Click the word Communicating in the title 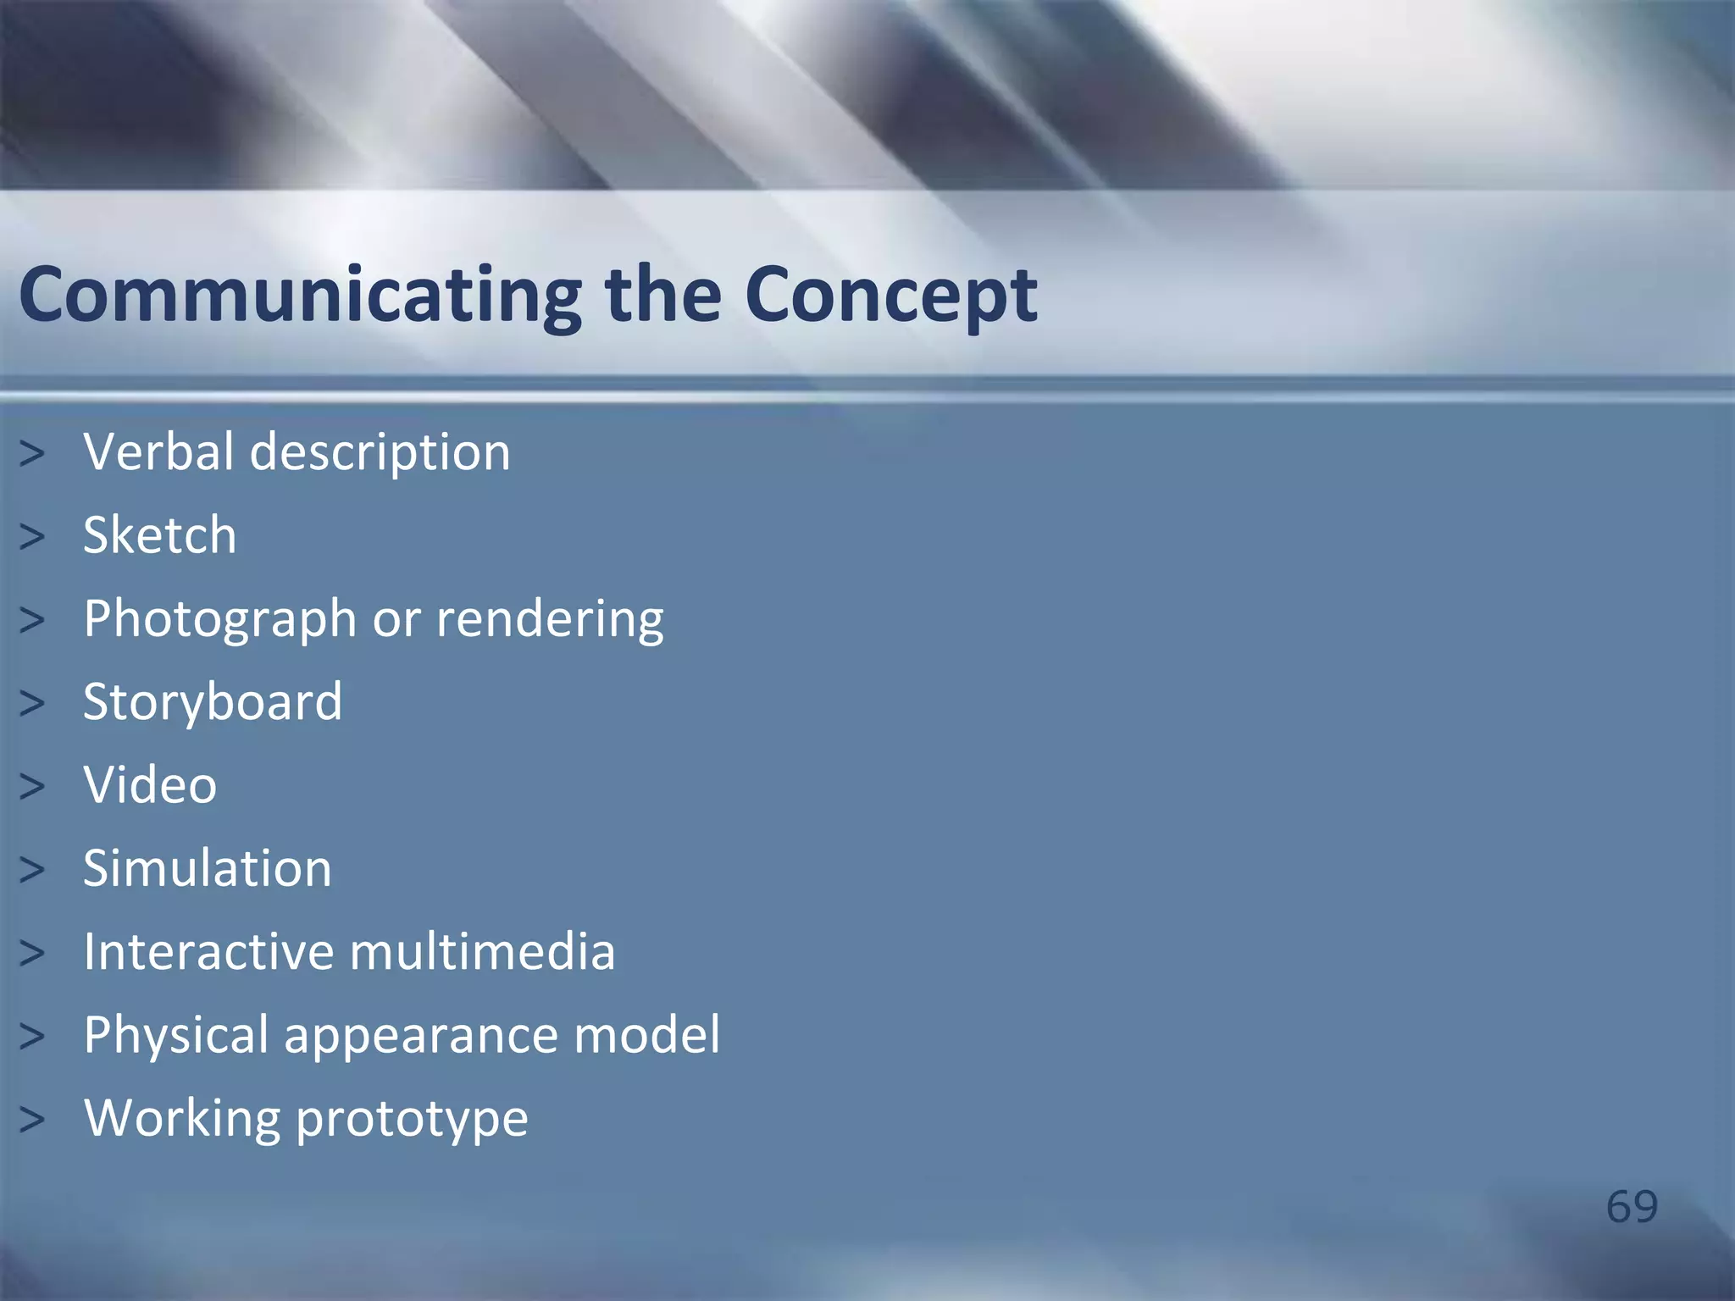coord(300,295)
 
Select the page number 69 coord(1631,1206)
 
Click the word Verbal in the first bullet coord(158,451)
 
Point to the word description coord(380,453)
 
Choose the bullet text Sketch coord(160,535)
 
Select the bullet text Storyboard coord(213,702)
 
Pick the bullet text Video coord(150,785)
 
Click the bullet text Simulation coord(208,868)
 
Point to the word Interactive coord(208,951)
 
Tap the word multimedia coord(482,951)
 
